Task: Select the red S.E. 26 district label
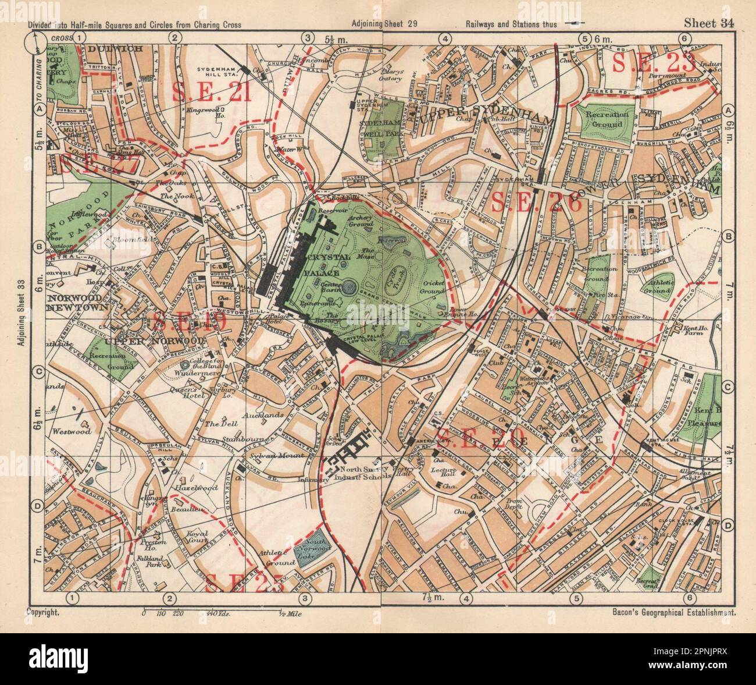pos(536,203)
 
